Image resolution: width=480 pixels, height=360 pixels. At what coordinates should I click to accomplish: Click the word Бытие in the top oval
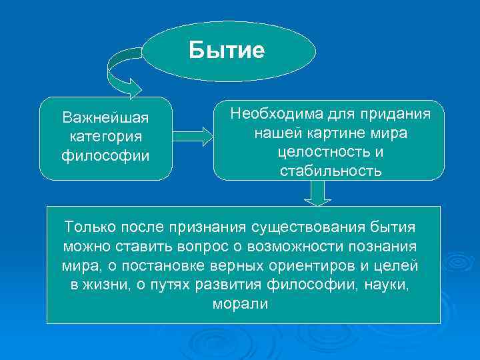[227, 51]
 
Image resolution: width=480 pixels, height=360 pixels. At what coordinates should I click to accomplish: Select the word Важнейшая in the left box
[106, 118]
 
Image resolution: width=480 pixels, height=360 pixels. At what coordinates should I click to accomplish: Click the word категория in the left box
[106, 137]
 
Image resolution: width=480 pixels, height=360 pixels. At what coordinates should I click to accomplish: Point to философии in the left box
[106, 156]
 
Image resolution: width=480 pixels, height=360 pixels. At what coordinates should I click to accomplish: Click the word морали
[240, 305]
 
